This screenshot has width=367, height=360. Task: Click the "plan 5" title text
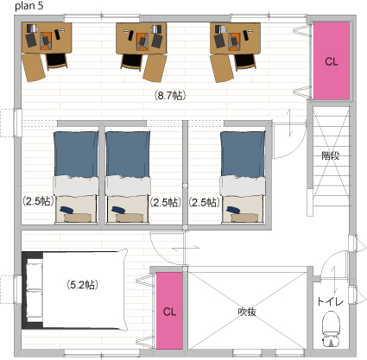click(29, 6)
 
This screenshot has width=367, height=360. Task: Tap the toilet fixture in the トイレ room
click(331, 330)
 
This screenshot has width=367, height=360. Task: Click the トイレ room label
click(331, 301)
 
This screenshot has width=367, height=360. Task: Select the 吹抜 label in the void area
click(247, 312)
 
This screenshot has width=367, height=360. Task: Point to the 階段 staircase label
click(331, 155)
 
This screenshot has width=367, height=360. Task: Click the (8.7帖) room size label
click(170, 95)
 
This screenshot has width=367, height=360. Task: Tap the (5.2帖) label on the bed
click(82, 285)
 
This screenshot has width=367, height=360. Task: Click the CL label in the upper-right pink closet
click(332, 61)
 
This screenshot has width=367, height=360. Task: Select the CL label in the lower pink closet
click(169, 312)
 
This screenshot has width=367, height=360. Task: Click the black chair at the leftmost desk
click(57, 61)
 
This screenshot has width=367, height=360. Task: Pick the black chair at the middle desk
click(132, 61)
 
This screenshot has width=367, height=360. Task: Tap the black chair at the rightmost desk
click(245, 62)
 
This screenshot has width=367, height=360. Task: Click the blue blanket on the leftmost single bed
click(76, 154)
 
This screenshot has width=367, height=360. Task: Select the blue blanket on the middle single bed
click(128, 154)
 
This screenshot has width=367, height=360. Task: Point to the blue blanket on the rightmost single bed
click(243, 154)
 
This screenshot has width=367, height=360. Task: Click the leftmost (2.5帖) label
click(39, 201)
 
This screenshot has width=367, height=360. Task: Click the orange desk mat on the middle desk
click(142, 41)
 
